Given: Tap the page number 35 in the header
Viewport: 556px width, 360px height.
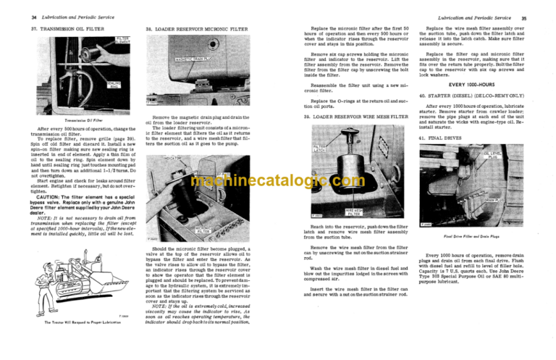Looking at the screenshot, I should (544, 17).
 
